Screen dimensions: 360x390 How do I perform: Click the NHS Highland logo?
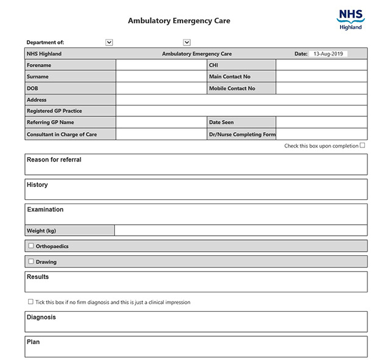click(350, 19)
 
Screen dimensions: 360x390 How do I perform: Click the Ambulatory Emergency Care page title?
click(179, 21)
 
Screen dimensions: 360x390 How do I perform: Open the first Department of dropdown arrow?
click(109, 42)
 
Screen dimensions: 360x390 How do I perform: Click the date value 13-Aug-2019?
click(328, 54)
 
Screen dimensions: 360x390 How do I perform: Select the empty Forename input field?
click(161, 65)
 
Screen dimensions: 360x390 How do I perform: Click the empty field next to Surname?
click(161, 77)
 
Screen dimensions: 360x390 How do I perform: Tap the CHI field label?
click(213, 65)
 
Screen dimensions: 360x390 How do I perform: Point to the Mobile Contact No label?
click(232, 88)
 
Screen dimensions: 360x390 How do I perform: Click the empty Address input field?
click(241, 100)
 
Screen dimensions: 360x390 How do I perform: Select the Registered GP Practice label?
click(54, 111)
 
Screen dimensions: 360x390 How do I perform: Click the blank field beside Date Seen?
click(321, 122)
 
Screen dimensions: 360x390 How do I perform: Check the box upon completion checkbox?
click(363, 145)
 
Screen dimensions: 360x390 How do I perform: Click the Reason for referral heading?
click(54, 160)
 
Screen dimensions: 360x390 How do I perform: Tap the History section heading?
click(37, 185)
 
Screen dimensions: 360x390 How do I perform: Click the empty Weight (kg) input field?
click(241, 230)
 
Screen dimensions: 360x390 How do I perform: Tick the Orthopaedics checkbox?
click(31, 246)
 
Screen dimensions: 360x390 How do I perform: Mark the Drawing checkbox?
click(31, 261)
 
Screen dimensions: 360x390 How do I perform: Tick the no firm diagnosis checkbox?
click(31, 302)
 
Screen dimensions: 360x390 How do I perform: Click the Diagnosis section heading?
click(41, 317)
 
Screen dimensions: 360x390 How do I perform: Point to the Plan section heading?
click(34, 342)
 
